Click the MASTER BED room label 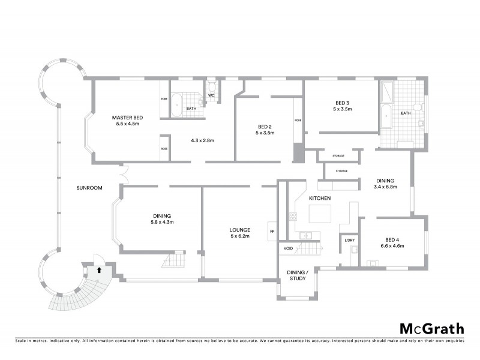[126, 117]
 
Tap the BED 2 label [265, 126]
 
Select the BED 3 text [342, 102]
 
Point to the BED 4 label [393, 239]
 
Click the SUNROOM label [89, 188]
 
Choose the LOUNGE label [239, 229]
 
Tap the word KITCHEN [320, 198]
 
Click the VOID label [289, 247]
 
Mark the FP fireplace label [272, 231]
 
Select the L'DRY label [350, 240]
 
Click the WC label [211, 95]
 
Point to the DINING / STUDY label [298, 275]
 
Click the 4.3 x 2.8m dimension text [202, 140]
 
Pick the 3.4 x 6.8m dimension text [385, 187]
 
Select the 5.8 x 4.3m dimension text [162, 222]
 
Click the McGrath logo [432, 328]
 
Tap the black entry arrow [97, 271]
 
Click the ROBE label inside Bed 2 [297, 120]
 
